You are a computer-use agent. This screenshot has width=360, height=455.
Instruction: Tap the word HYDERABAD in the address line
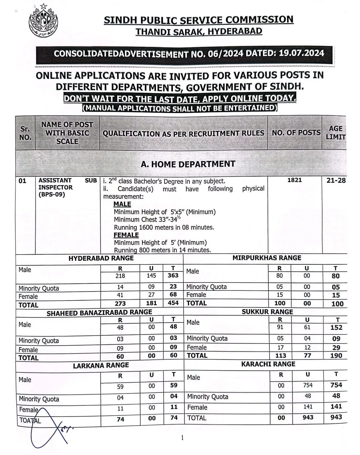click(235, 31)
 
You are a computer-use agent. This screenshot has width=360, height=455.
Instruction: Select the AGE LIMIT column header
click(335, 133)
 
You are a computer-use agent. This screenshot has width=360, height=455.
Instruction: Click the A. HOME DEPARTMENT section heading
click(188, 164)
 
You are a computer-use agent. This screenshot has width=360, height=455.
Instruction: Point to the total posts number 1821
click(295, 180)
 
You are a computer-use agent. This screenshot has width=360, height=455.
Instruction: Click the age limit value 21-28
click(336, 180)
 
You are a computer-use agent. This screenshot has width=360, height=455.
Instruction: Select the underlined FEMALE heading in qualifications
click(126, 235)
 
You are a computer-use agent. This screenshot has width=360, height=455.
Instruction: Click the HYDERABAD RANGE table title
click(101, 258)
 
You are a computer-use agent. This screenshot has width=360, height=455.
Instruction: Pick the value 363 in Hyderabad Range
click(173, 275)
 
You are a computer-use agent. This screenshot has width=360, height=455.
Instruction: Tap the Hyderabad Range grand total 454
click(173, 303)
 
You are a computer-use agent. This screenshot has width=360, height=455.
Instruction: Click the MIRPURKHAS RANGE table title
click(267, 258)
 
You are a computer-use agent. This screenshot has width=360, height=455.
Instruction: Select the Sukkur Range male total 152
click(336, 327)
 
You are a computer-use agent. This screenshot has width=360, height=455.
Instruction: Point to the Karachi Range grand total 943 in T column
click(336, 417)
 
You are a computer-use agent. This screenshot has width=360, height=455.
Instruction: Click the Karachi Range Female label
click(197, 407)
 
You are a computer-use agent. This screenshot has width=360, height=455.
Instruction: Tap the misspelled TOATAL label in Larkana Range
click(30, 420)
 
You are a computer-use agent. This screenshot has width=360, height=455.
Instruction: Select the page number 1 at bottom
click(182, 438)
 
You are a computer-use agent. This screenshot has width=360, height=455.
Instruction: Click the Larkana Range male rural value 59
click(120, 386)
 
